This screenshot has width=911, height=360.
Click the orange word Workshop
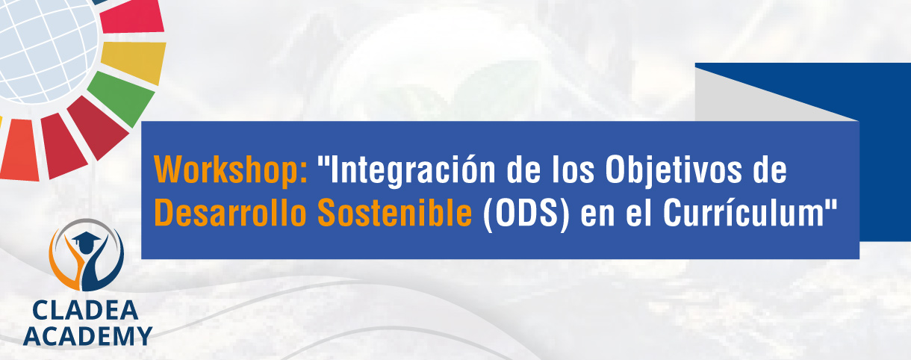click(227, 170)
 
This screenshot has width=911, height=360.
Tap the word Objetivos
click(674, 170)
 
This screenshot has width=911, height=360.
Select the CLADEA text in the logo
click(85, 311)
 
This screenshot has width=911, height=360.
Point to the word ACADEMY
click(87, 336)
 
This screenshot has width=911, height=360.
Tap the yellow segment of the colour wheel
click(134, 62)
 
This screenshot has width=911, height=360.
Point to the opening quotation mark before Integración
click(323, 161)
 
